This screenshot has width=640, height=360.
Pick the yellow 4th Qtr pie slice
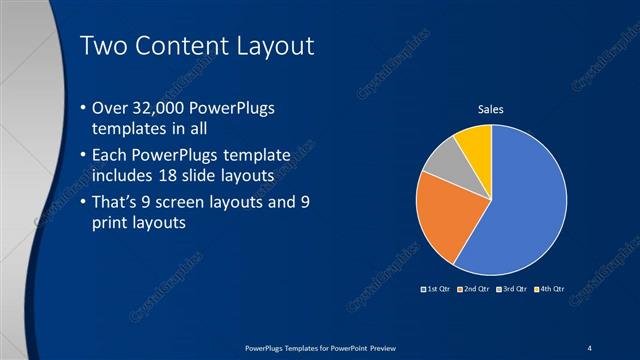[x=475, y=143]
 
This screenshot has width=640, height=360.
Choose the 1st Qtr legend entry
[x=437, y=289]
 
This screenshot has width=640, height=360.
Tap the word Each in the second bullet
[x=110, y=157]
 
